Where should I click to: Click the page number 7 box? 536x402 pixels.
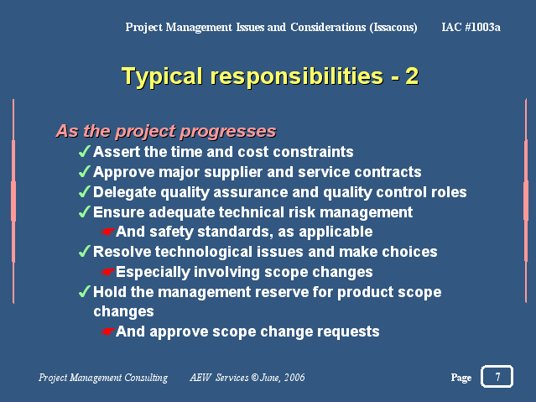pos(497,376)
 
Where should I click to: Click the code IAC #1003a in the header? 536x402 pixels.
pos(471,27)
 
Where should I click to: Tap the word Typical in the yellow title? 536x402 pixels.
pos(162,76)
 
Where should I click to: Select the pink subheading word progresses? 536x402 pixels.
pos(228,132)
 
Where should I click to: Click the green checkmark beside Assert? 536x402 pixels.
pos(85,151)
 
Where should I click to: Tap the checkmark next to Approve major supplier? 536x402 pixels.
pos(85,171)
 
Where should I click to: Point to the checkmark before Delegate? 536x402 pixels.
pos(85,191)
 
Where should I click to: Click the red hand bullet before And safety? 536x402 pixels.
pos(107,232)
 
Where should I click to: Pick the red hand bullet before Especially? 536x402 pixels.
pos(107,272)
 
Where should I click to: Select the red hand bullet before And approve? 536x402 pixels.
pos(107,332)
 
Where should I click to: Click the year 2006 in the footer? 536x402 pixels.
pos(294,378)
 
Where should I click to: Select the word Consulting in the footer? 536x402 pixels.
pos(146,378)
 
